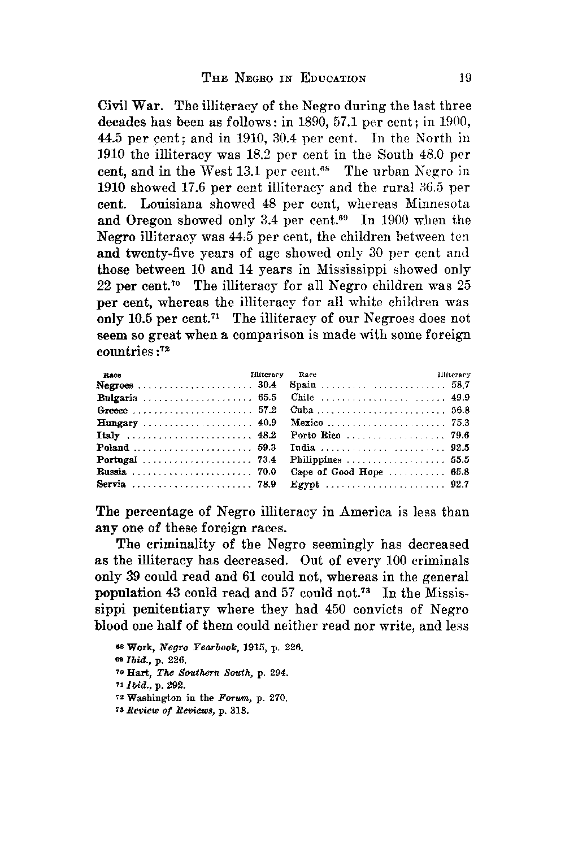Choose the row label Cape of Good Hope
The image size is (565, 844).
coord(337,472)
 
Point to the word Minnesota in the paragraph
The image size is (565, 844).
coord(436,203)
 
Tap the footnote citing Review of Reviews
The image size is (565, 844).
coord(175,711)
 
